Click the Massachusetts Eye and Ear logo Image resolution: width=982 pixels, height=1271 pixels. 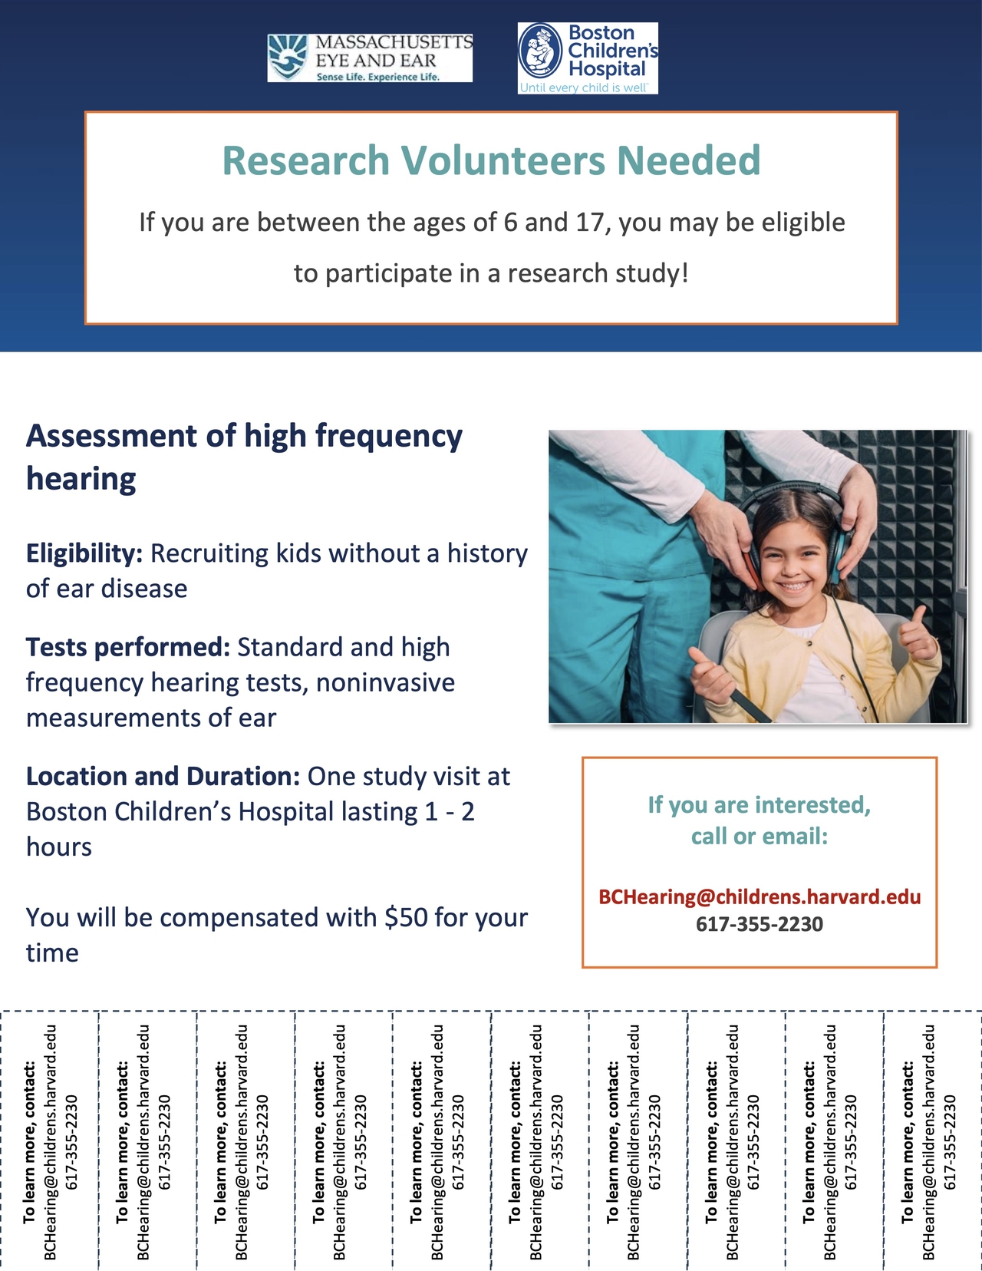point(370,58)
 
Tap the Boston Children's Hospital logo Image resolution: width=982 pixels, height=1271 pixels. point(588,58)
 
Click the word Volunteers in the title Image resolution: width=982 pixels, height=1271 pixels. point(503,160)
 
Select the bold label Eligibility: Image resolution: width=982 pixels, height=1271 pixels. point(84,553)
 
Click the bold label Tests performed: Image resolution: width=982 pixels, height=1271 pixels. point(128,648)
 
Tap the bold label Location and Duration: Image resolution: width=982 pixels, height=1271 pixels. point(163,777)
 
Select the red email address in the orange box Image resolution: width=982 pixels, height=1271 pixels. point(760,897)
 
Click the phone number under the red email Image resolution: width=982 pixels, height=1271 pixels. point(760,925)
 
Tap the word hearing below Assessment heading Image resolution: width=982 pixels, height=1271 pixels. point(81,480)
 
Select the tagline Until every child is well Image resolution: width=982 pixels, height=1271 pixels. point(583,88)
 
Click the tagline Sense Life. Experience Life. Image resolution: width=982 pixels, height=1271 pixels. point(377,78)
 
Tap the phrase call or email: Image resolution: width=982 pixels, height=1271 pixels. point(760,837)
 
